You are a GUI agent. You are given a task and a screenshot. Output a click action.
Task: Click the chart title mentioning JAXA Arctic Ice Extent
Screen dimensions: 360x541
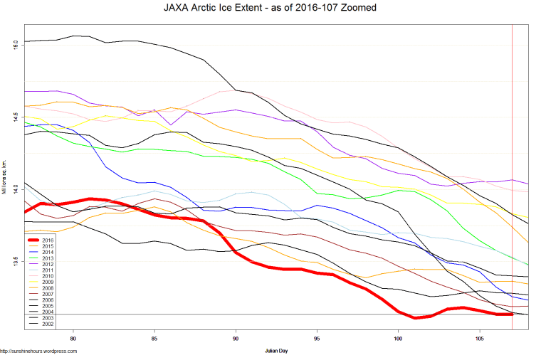click(270, 8)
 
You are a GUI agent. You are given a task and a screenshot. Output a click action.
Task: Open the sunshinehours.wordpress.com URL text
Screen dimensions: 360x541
click(38, 351)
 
